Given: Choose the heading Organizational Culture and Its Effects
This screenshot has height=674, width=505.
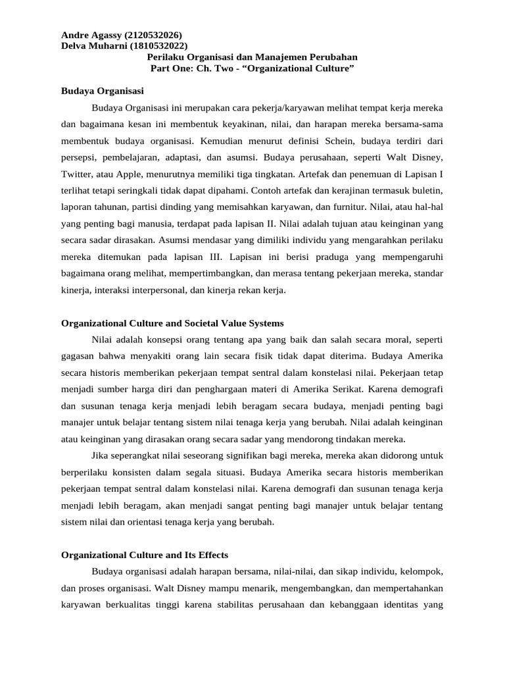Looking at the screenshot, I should [x=144, y=555].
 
